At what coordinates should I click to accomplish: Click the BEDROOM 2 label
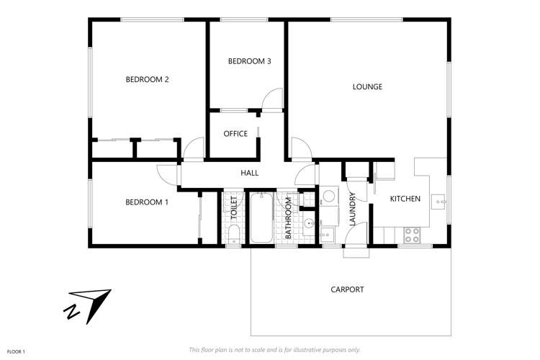(x=147, y=79)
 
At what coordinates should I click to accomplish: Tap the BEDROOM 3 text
(x=249, y=61)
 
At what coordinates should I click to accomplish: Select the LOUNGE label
(x=367, y=86)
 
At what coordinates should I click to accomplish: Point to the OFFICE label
(x=235, y=134)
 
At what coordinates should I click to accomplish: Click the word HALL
(x=249, y=173)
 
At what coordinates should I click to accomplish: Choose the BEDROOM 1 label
(x=147, y=202)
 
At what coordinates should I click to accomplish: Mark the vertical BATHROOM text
(x=287, y=220)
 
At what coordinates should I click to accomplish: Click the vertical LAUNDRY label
(x=352, y=210)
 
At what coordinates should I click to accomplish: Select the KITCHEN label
(x=405, y=199)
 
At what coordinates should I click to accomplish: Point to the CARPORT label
(x=347, y=289)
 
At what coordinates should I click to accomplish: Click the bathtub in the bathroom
(x=261, y=218)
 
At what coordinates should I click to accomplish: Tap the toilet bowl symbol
(x=233, y=233)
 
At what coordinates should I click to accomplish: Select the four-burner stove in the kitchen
(x=412, y=234)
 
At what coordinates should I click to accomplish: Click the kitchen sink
(x=438, y=202)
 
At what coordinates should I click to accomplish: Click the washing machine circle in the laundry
(x=328, y=195)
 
